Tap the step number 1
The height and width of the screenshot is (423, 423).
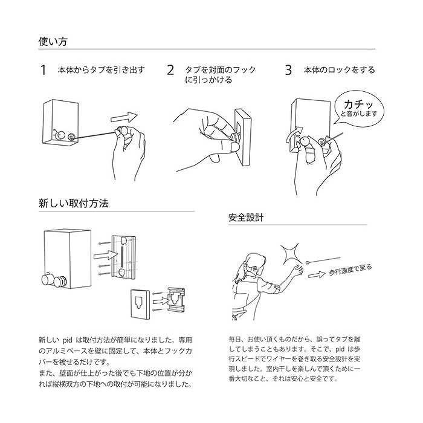[x=43, y=70]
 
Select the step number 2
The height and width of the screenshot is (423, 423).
[x=170, y=70]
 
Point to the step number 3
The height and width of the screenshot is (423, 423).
[x=288, y=70]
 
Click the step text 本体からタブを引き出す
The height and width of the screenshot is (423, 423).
[x=101, y=70]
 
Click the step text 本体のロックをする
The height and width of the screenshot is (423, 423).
[x=339, y=70]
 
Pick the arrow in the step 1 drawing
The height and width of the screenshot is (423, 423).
[x=125, y=115]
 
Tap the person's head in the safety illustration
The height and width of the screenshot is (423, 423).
[x=254, y=265]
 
